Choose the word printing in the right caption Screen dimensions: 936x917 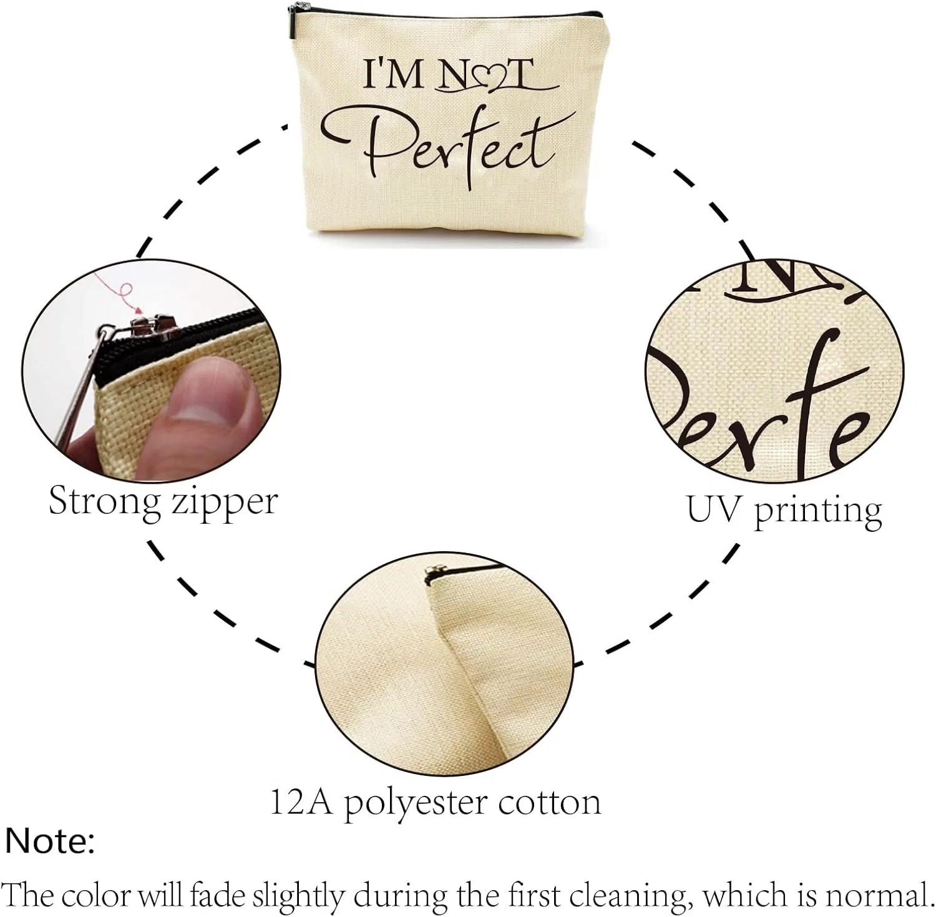818,512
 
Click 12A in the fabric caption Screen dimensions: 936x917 304,803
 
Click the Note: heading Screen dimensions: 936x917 50,841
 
